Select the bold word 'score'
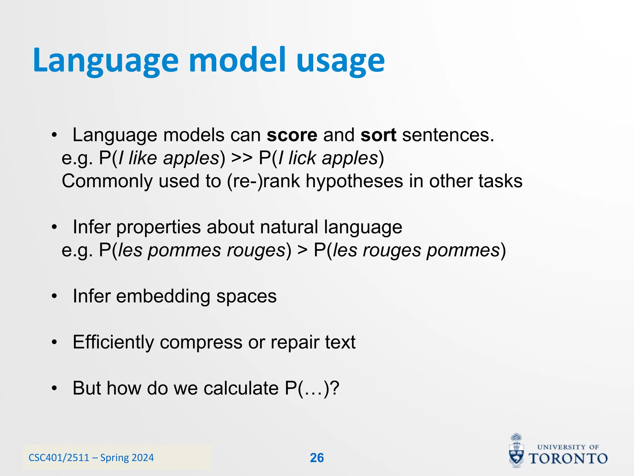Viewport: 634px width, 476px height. [292, 135]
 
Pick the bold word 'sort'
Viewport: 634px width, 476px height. [378, 135]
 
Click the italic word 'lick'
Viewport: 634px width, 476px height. [302, 158]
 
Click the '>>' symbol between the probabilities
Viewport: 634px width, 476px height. [242, 158]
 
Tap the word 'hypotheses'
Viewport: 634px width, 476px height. [354, 181]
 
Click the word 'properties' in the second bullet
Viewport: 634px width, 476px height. [158, 227]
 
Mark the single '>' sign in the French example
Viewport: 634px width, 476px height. [302, 250]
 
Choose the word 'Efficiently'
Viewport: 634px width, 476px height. [113, 342]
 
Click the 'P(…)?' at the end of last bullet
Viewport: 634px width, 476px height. [312, 388]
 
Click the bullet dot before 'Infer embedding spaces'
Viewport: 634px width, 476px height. [54, 297]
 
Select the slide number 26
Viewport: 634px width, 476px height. [317, 458]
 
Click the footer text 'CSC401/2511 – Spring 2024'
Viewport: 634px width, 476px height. [91, 458]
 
